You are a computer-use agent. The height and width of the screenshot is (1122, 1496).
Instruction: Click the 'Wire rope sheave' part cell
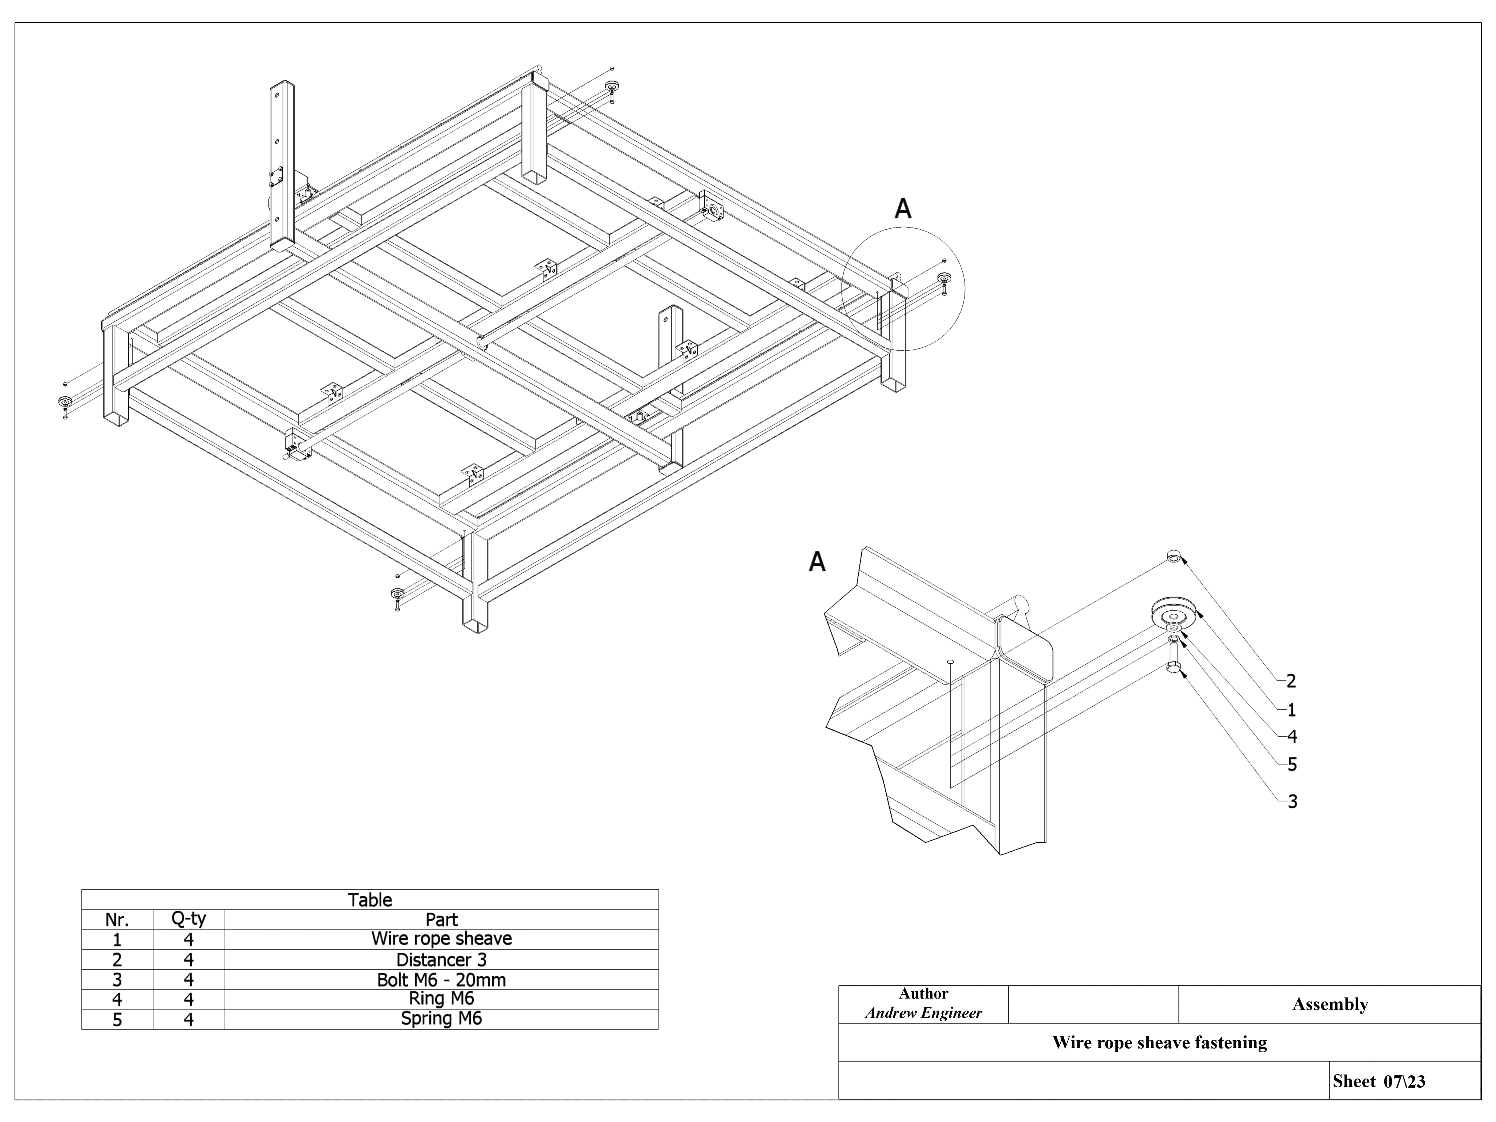(x=441, y=939)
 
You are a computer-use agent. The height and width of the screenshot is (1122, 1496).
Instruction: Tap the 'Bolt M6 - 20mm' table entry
(x=441, y=979)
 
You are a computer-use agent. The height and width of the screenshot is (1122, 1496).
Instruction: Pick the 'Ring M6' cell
(x=441, y=998)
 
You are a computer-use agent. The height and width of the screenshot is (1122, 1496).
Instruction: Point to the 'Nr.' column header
(x=117, y=920)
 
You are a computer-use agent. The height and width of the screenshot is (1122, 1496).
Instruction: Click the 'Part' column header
(x=441, y=920)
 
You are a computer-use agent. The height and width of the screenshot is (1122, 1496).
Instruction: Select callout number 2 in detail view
(x=1290, y=681)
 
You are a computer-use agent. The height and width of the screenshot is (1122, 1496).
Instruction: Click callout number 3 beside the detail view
(x=1292, y=801)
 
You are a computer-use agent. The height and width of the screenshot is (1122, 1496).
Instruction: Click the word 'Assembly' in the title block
(x=1329, y=1004)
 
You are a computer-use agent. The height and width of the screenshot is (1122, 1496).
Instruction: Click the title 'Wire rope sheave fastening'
(x=1159, y=1042)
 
